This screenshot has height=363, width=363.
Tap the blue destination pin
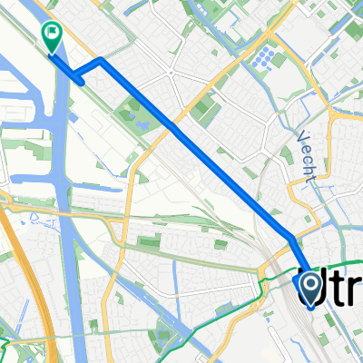(x=310, y=289)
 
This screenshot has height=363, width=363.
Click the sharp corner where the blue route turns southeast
(x=100, y=60)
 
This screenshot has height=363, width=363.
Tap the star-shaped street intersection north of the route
(x=170, y=73)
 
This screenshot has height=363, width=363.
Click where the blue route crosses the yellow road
(x=170, y=125)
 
